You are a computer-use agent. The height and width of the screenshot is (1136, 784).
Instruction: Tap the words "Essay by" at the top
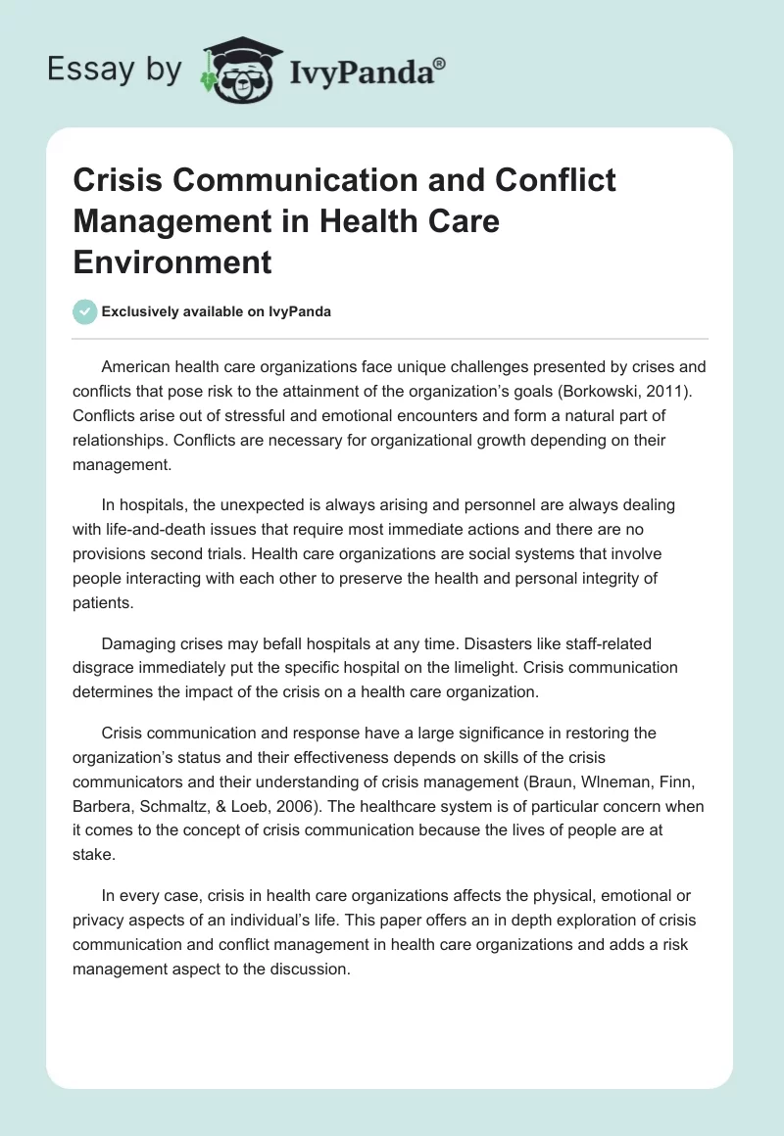point(115,69)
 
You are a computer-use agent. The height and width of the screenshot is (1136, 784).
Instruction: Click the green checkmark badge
point(85,311)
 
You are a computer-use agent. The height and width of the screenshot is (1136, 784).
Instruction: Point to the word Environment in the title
point(173,261)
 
